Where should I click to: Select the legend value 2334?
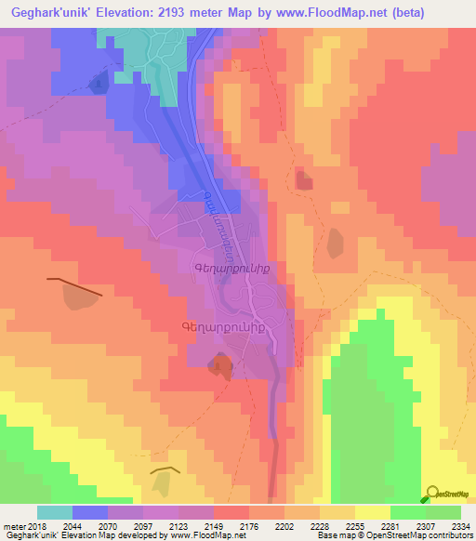click(x=460, y=526)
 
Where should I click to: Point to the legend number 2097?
click(x=143, y=526)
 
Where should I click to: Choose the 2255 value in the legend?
click(x=354, y=526)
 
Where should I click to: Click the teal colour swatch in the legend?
click(x=54, y=512)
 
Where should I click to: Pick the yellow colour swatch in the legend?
click(x=372, y=512)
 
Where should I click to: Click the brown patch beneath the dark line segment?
click(x=79, y=296)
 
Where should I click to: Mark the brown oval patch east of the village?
click(x=335, y=242)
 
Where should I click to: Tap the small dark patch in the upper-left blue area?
click(x=98, y=84)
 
